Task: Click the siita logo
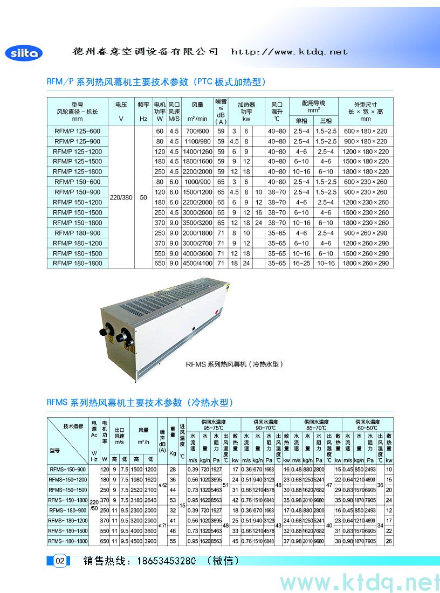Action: pos(23,53)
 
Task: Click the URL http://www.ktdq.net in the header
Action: pos(289,52)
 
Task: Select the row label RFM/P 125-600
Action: pos(78,131)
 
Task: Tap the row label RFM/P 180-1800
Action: pos(78,263)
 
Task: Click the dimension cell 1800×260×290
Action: pos(366,263)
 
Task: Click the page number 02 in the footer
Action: pos(60,561)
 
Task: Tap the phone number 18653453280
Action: pos(161,561)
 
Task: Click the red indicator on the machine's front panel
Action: pos(216,311)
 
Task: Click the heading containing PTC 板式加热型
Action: pos(157,82)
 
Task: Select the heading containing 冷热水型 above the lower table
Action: pos(140,402)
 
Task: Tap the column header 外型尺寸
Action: pos(366,108)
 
